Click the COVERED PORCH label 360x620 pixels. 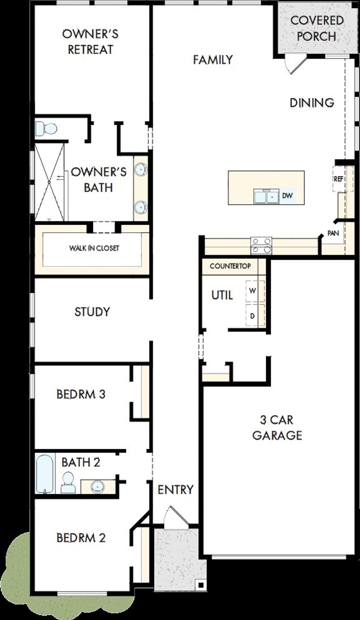click(x=317, y=28)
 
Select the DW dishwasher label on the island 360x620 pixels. click(x=287, y=196)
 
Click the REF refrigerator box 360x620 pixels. click(x=339, y=179)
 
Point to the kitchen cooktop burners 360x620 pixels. click(x=261, y=245)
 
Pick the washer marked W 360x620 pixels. click(x=253, y=291)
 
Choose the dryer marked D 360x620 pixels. click(x=253, y=316)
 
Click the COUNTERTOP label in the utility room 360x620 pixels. click(x=230, y=266)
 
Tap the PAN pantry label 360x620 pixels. click(x=333, y=233)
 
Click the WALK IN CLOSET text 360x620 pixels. click(x=94, y=248)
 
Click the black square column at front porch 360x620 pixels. click(x=201, y=585)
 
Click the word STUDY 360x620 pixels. click(x=92, y=312)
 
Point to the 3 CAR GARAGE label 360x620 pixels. click(x=277, y=427)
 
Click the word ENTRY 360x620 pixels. click(x=175, y=490)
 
